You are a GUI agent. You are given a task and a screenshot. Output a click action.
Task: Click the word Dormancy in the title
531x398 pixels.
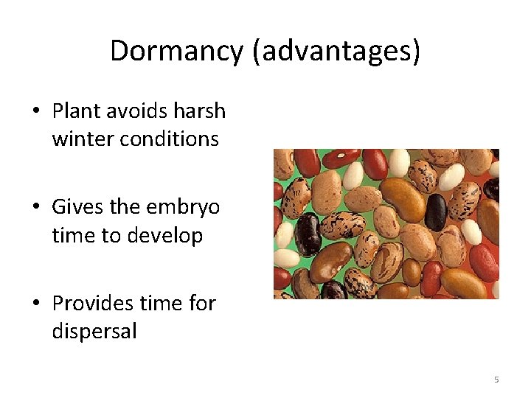point(176,51)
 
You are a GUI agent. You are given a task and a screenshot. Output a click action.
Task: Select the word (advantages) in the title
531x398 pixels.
point(336,52)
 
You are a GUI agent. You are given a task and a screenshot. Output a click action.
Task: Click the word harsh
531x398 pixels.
point(200,111)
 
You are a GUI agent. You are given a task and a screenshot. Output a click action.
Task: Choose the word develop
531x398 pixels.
point(167,236)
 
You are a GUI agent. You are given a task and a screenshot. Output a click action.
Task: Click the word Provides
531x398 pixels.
point(92,303)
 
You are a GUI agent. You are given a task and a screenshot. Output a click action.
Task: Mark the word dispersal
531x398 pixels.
point(94,332)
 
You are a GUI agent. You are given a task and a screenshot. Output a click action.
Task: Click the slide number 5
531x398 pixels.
point(496,380)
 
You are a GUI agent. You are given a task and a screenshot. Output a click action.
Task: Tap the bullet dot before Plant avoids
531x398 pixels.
point(35,112)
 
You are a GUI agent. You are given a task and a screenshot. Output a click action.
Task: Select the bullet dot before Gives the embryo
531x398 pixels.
point(35,208)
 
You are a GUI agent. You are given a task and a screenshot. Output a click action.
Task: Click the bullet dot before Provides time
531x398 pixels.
point(35,304)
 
